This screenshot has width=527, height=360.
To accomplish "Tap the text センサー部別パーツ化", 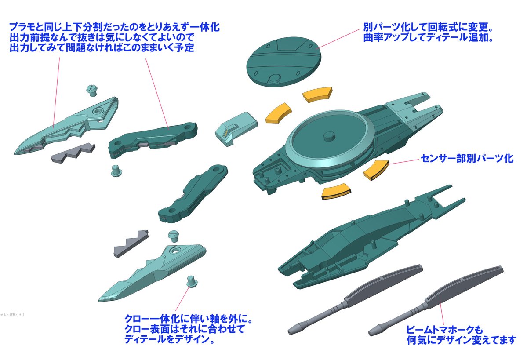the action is pyautogui.click(x=467, y=158).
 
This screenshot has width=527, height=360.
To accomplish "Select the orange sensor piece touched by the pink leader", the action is pyautogui.click(x=376, y=169).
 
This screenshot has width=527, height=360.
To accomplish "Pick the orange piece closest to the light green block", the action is pyautogui.click(x=279, y=113).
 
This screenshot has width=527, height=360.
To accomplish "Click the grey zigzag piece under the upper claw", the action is pyautogui.click(x=73, y=153).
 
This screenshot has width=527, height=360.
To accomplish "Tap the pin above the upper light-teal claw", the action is pyautogui.click(x=91, y=90).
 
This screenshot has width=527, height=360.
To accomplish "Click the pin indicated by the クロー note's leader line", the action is pyautogui.click(x=192, y=281).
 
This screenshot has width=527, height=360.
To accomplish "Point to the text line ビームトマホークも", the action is pyautogui.click(x=444, y=330).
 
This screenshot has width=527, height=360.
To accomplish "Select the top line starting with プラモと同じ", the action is pyautogui.click(x=114, y=27).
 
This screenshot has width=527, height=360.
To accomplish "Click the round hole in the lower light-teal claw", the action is pyautogui.click(x=174, y=251).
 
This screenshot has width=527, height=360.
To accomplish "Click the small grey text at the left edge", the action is pyautogui.click(x=12, y=315).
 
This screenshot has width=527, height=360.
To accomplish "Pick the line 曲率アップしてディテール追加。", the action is pyautogui.click(x=428, y=37).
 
